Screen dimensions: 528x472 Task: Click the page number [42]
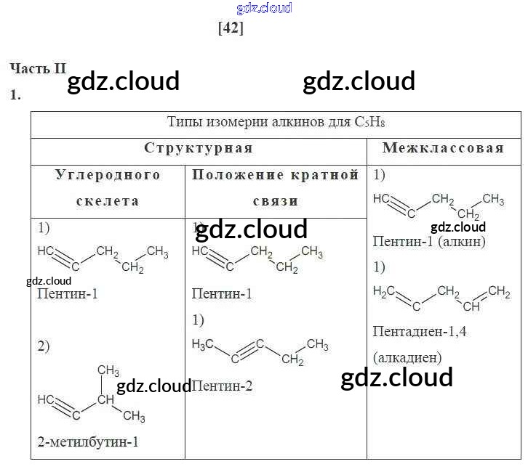coord(231,28)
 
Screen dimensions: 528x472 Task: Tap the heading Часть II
coord(38,68)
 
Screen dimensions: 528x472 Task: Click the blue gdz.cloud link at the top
coord(264,8)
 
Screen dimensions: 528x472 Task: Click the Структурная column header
coord(198,148)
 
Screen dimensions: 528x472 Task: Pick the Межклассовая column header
coord(443,148)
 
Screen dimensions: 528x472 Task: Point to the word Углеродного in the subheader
coord(108,175)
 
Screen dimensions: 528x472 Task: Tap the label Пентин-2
coord(222,386)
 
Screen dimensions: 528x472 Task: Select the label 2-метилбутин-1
coord(87,442)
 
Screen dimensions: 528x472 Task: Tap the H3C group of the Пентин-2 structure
coord(203,343)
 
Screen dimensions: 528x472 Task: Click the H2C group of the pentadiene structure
coord(384,291)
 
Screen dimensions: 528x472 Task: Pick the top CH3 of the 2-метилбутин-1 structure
coord(108,370)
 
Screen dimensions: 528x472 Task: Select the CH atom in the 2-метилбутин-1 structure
coord(107,399)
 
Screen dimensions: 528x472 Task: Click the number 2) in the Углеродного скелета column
coord(44,346)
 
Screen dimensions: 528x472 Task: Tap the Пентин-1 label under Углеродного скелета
coord(66,294)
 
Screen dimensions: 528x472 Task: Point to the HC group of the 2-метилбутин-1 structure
coord(45,399)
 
